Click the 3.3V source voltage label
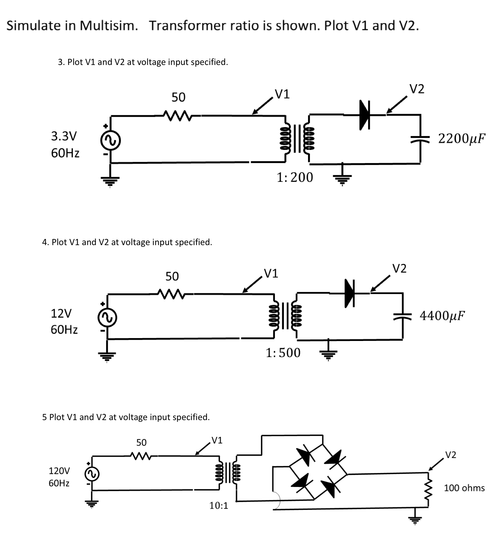(64, 136)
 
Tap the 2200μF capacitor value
(461, 138)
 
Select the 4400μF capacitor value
(442, 316)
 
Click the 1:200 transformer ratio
(295, 177)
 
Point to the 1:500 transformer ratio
(283, 353)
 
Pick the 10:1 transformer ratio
(219, 506)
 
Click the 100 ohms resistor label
(464, 488)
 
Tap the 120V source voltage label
(59, 471)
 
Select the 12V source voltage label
(61, 313)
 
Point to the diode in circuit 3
(364, 115)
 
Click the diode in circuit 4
(349, 293)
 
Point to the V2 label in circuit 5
(450, 455)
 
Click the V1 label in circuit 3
(283, 94)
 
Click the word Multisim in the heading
(108, 25)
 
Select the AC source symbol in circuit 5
(92, 474)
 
